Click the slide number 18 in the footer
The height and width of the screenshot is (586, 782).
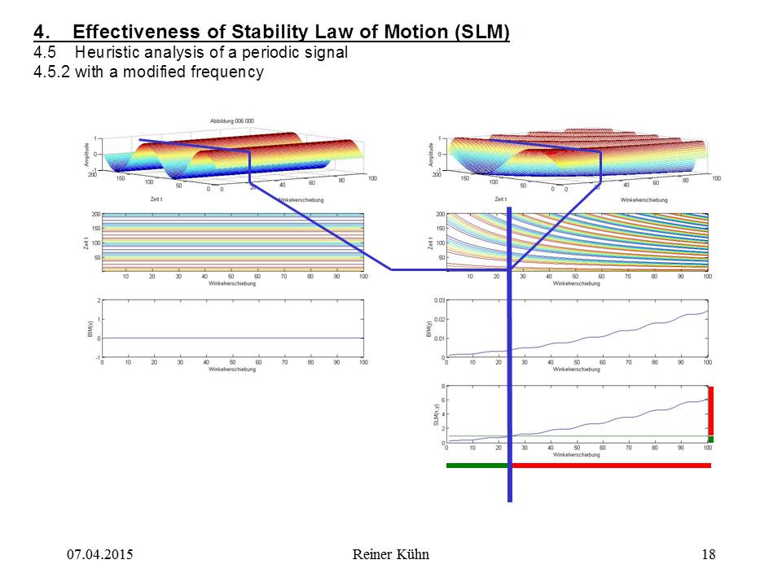click(708, 555)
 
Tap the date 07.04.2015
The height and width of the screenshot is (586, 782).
click(99, 555)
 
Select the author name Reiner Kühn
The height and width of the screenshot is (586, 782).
click(391, 555)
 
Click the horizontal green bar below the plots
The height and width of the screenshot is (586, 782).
click(477, 466)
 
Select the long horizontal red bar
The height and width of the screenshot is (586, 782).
click(611, 466)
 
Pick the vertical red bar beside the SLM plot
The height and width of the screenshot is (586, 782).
click(711, 411)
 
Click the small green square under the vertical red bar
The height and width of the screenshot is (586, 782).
click(711, 439)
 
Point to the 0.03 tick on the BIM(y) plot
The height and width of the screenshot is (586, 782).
click(438, 300)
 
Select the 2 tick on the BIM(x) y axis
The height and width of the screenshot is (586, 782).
click(99, 300)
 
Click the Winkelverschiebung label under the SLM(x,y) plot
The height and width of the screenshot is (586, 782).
click(576, 454)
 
